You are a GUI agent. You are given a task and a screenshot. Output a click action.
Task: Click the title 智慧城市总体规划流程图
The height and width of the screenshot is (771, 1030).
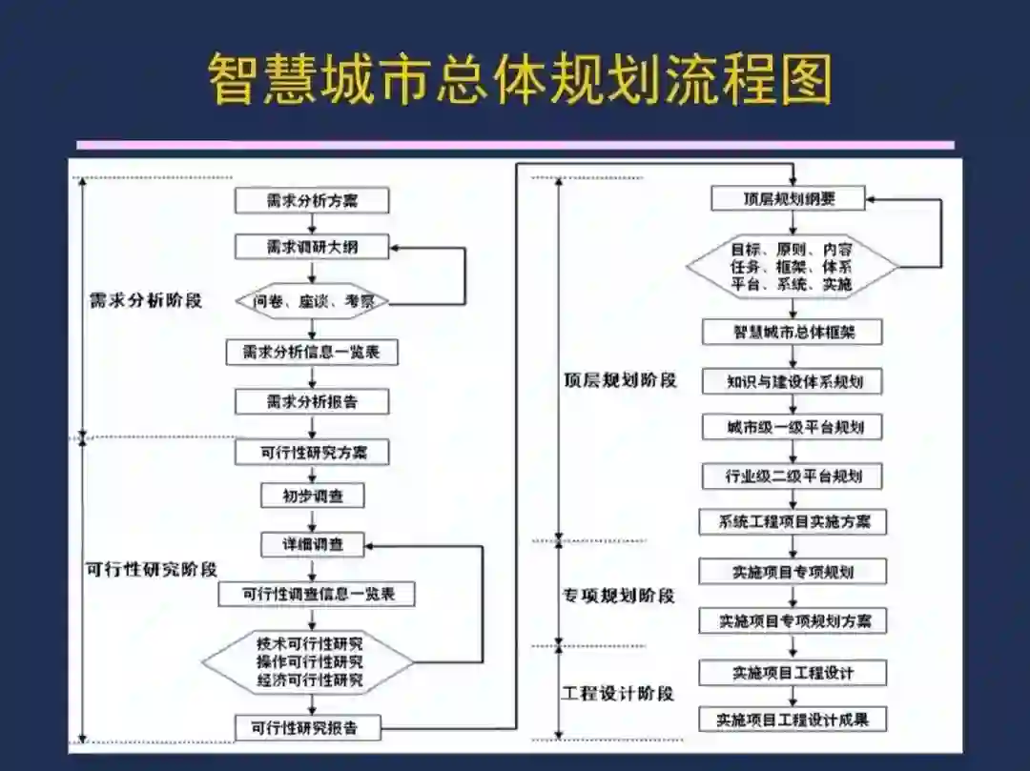(520, 79)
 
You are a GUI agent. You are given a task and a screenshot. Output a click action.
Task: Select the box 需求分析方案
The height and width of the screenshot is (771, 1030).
(312, 200)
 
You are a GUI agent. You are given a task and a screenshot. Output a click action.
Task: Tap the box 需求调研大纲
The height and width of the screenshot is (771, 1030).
(312, 247)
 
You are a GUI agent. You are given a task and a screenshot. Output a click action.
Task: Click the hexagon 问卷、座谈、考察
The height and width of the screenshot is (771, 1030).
(312, 302)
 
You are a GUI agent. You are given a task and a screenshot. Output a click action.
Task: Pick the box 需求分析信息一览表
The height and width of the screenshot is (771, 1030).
(312, 352)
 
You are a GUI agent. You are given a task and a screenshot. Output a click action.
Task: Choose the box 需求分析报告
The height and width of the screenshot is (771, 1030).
(312, 401)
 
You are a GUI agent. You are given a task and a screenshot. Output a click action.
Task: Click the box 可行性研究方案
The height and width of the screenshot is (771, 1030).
(312, 452)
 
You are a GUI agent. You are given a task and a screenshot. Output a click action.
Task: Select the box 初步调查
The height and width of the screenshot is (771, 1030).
(312, 496)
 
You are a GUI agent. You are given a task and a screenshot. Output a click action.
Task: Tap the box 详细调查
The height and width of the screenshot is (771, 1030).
(312, 545)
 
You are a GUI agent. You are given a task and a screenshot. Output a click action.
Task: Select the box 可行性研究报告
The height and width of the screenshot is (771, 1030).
(308, 729)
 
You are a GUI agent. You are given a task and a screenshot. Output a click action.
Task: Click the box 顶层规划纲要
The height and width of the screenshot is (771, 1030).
(788, 199)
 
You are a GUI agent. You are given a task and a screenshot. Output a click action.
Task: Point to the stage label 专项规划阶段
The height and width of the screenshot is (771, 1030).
(618, 596)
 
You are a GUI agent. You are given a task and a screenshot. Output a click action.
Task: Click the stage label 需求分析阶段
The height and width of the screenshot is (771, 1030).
(145, 300)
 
